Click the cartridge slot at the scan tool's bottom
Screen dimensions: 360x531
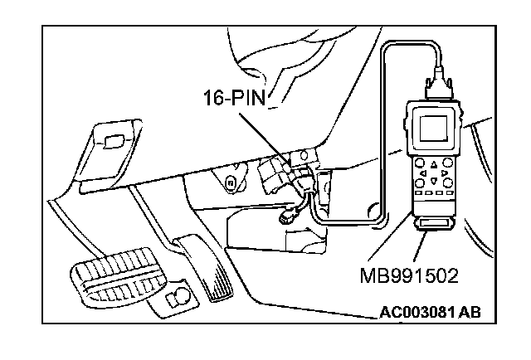[x=434, y=225]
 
